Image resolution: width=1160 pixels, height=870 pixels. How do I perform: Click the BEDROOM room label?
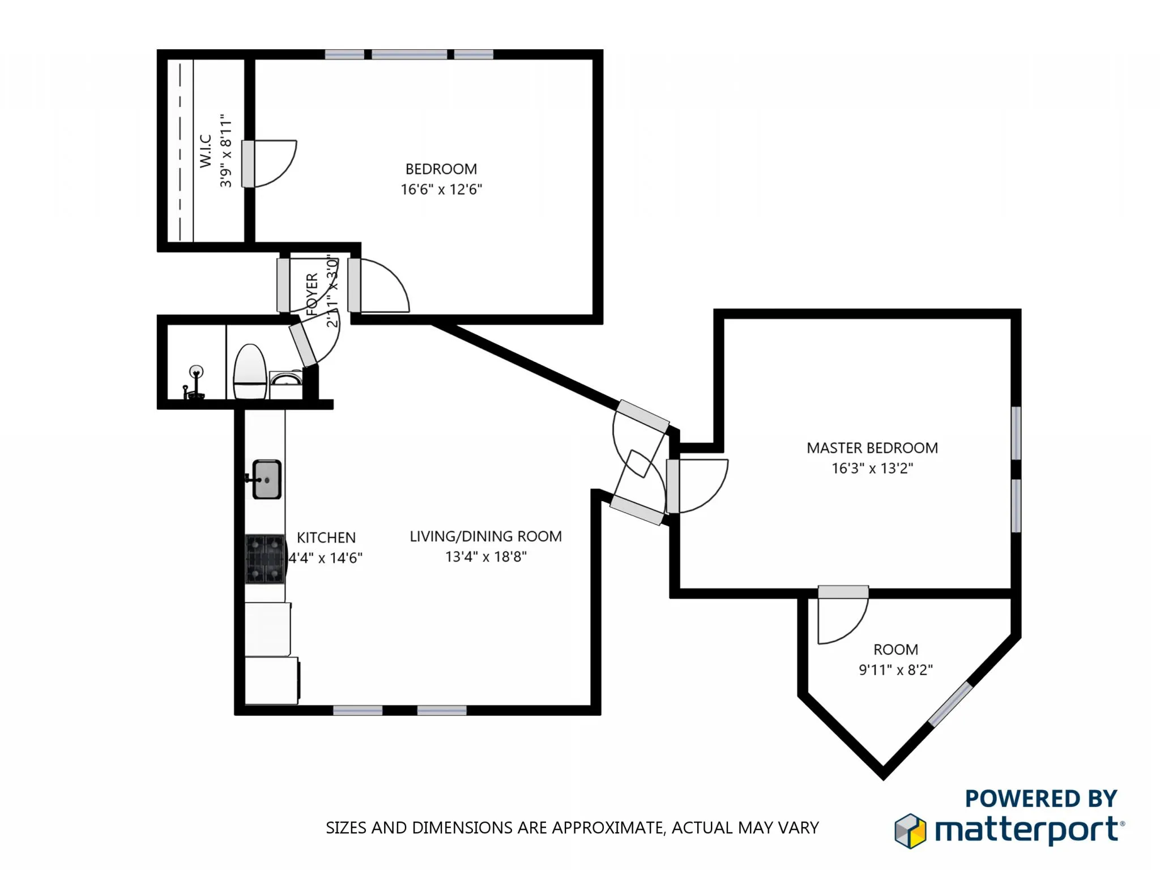(x=441, y=169)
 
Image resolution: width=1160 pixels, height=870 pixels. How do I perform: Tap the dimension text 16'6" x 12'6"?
(x=441, y=189)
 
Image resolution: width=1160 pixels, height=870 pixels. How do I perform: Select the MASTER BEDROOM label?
(x=872, y=448)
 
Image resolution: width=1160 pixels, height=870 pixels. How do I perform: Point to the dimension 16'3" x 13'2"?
(x=872, y=468)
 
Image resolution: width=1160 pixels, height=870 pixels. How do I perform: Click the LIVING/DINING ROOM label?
(x=485, y=536)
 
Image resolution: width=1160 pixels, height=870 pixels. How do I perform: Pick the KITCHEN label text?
(x=326, y=538)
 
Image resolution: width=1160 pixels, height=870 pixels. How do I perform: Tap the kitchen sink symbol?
(x=266, y=479)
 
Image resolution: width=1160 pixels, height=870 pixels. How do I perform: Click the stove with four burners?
(x=265, y=558)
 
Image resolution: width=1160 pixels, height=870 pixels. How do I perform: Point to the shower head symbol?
(x=195, y=373)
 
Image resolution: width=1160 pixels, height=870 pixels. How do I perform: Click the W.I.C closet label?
(x=206, y=151)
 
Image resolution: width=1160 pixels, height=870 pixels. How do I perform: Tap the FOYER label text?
(x=312, y=294)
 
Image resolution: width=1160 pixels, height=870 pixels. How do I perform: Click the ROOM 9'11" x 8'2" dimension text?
(x=895, y=670)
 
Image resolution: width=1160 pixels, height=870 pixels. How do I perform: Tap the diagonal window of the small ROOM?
(x=950, y=704)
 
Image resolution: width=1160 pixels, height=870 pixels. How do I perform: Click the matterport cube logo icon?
(x=910, y=831)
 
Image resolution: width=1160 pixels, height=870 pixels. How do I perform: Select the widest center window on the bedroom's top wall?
(x=409, y=55)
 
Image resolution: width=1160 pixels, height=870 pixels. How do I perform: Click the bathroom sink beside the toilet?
(x=285, y=378)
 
